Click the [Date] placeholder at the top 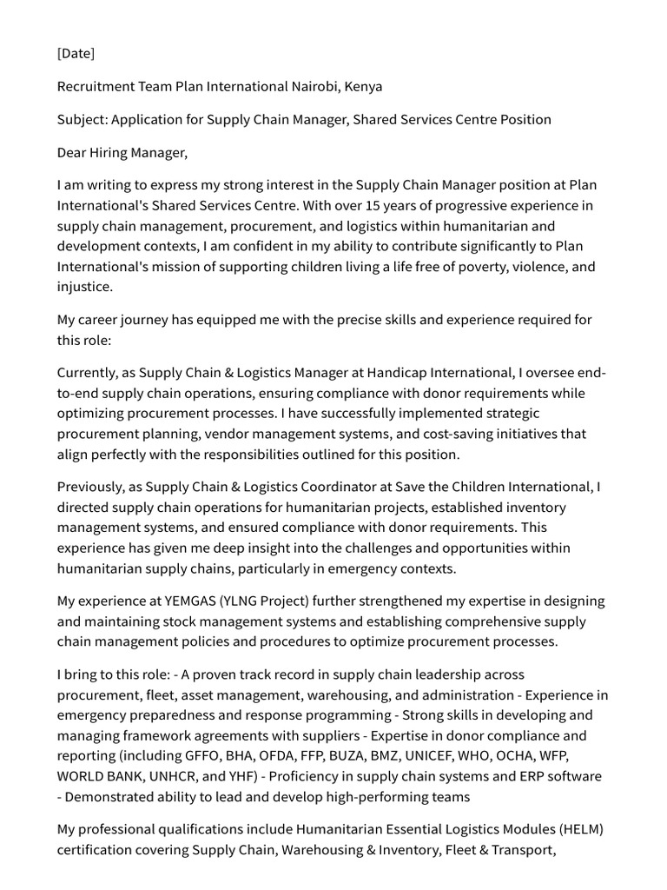pyautogui.click(x=76, y=54)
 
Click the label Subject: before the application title pyautogui.click(x=83, y=120)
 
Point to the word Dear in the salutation pyautogui.click(x=73, y=153)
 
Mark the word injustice pyautogui.click(x=84, y=287)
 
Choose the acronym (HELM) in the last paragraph pyautogui.click(x=577, y=830)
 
